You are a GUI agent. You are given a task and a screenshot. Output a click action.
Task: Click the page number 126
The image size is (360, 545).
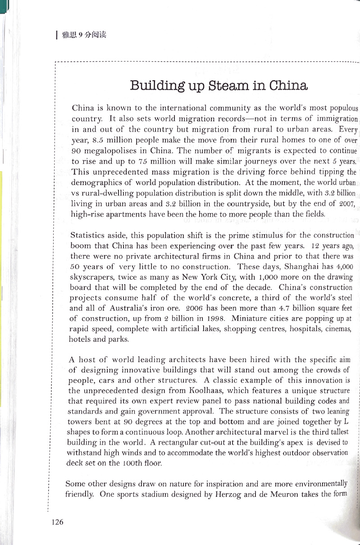click(58, 522)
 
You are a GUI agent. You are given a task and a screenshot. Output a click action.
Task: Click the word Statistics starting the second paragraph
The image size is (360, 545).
click(87, 235)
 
